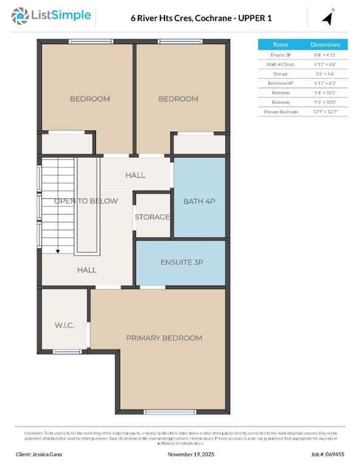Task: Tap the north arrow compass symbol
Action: tap(328, 18)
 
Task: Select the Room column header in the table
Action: tap(280, 44)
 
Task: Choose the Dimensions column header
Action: tap(326, 44)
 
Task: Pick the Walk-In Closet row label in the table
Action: tap(280, 64)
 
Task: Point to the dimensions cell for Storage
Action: tap(326, 73)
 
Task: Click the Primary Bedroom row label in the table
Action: tap(280, 112)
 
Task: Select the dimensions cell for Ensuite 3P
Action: tap(326, 54)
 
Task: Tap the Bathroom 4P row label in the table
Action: tap(280, 83)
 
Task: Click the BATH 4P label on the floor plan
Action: tap(199, 201)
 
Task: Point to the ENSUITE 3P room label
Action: tap(182, 263)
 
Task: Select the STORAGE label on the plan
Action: tap(152, 217)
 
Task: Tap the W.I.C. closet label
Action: tap(64, 326)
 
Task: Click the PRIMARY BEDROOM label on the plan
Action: tap(164, 338)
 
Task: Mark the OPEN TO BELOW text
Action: tap(86, 201)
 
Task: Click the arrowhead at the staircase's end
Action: tap(58, 250)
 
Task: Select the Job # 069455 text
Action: tap(328, 454)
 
